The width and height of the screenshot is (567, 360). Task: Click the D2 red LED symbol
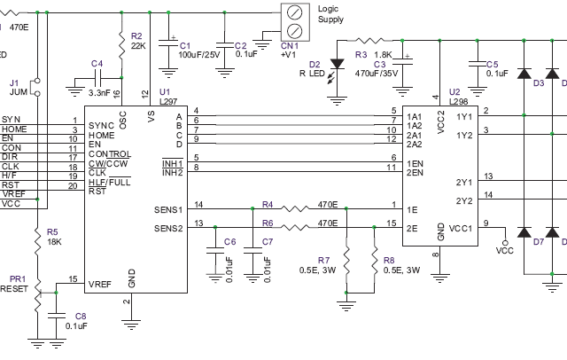[338, 64]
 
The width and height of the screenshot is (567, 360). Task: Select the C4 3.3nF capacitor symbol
[97, 81]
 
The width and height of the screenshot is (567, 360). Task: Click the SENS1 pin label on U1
[167, 209]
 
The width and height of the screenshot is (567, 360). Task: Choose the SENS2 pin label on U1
[167, 227]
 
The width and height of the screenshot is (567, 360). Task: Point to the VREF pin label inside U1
[99, 284]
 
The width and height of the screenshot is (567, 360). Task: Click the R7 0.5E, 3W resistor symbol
[348, 257]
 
